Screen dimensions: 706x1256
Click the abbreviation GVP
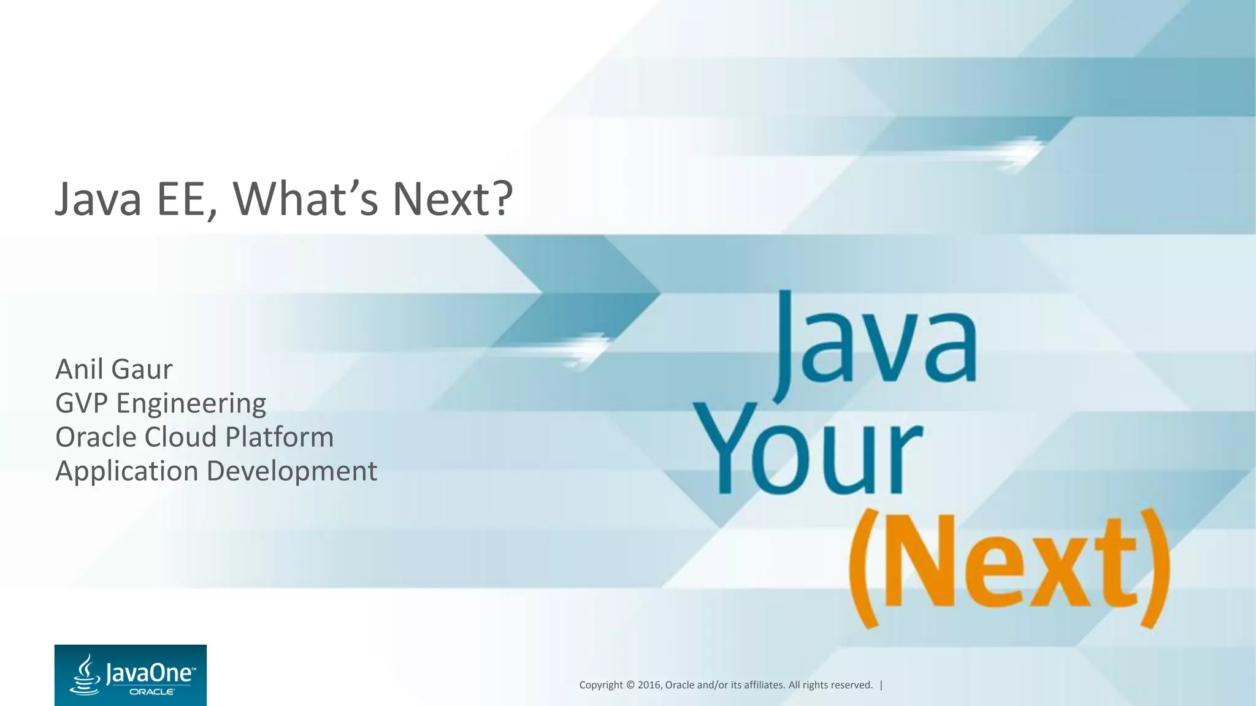tap(82, 403)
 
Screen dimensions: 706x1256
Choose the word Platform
tap(279, 438)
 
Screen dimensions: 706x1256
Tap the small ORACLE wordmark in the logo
tap(151, 692)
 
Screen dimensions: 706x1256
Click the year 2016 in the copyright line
tap(649, 685)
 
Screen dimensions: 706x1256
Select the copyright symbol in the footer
tap(630, 685)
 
